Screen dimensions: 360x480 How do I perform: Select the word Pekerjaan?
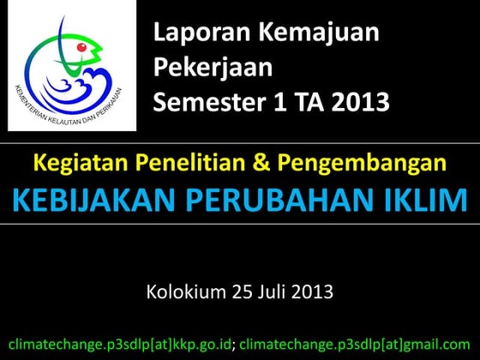point(213,69)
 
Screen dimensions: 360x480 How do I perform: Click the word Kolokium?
point(188,292)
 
